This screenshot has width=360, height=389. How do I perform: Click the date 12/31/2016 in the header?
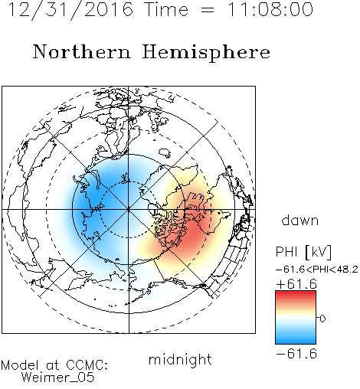70,10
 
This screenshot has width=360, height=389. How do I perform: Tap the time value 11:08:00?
270,9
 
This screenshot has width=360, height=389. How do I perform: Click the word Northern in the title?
82,51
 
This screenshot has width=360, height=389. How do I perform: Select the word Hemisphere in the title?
206,53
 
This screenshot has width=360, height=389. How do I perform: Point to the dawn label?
300,220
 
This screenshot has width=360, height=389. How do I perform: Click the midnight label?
180,360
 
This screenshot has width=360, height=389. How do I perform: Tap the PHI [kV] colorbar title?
303,252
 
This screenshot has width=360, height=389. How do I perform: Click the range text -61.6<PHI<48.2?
317,270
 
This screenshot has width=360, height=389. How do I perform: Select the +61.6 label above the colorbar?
296,284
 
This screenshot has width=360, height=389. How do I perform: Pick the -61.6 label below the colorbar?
296,354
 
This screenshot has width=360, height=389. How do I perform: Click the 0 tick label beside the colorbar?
322,319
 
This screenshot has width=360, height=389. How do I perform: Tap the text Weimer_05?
58,378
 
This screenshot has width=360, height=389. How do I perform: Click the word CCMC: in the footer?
87,365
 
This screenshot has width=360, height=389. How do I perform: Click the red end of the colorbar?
296,293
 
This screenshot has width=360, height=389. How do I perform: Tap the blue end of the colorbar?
296,342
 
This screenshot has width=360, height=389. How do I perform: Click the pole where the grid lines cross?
129,210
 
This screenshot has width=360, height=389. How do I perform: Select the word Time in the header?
166,9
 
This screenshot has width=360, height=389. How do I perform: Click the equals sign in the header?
208,10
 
